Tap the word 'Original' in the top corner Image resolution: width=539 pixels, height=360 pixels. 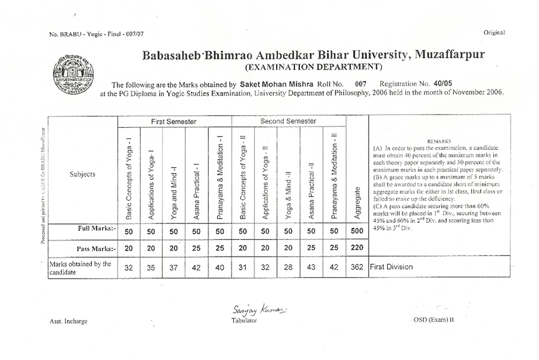[494, 33]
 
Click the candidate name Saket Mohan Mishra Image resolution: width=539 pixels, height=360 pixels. [272, 84]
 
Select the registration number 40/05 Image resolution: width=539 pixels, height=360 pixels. [443, 84]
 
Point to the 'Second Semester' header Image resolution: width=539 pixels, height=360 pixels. [288, 122]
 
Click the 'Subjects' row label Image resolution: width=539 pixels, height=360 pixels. [82, 174]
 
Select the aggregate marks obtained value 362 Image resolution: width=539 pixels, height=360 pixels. [357, 267]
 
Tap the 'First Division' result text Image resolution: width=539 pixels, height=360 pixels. [391, 267]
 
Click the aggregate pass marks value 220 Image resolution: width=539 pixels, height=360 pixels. [357, 248]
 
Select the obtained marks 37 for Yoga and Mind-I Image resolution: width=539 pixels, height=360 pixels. [174, 267]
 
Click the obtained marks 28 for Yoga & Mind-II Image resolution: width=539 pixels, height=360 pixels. [288, 267]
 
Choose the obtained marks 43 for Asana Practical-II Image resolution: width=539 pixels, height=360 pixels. [311, 267]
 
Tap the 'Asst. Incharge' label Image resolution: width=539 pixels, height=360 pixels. [68, 321]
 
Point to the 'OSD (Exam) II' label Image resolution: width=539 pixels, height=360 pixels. [433, 320]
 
